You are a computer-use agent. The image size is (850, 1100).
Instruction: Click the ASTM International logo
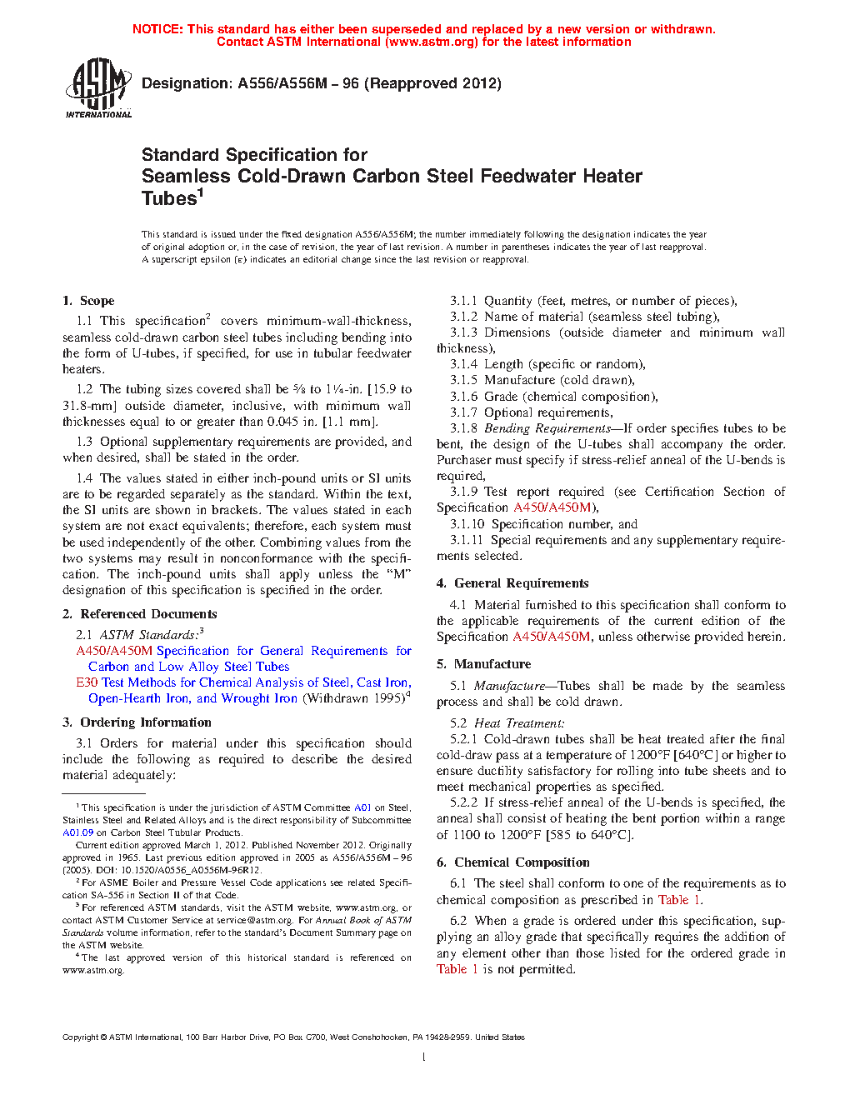(x=98, y=87)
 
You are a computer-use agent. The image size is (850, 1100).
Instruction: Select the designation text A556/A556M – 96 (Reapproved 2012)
(x=369, y=83)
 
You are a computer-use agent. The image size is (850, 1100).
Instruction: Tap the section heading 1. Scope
(x=88, y=301)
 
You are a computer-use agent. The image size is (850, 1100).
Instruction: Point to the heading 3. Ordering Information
(x=137, y=722)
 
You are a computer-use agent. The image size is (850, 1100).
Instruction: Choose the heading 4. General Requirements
(x=512, y=583)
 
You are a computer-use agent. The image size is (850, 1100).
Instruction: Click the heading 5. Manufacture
(x=483, y=664)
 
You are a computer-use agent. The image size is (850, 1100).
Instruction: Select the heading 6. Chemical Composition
(x=512, y=862)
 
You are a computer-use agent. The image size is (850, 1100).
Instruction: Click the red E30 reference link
(x=87, y=682)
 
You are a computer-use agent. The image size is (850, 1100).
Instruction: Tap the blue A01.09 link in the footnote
(x=77, y=832)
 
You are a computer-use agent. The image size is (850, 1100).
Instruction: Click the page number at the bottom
(x=424, y=1057)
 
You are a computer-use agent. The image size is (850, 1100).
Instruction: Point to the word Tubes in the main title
(x=169, y=198)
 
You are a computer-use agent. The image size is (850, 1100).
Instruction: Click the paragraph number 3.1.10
(x=467, y=524)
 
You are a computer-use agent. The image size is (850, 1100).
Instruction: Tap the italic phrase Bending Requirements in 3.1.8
(x=547, y=428)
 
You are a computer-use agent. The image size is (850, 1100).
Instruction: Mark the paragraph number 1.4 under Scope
(x=84, y=478)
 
